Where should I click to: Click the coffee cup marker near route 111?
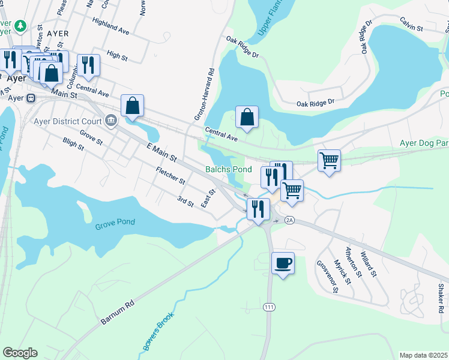click(283, 263)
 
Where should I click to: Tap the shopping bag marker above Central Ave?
click(247, 118)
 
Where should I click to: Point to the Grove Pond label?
click(115, 223)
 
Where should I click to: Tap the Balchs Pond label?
click(229, 169)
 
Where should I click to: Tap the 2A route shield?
click(290, 220)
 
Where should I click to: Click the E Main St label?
click(161, 152)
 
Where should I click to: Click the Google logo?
click(20, 353)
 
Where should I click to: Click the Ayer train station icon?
click(31, 98)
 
